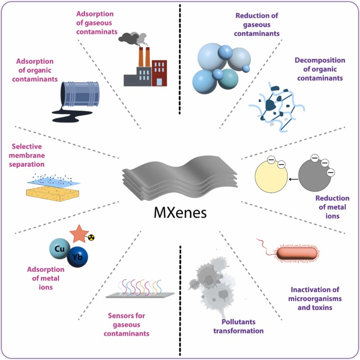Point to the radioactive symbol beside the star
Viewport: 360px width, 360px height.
[90, 237]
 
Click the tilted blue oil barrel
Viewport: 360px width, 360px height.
[77, 94]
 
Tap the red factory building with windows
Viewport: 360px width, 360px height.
[159, 72]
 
